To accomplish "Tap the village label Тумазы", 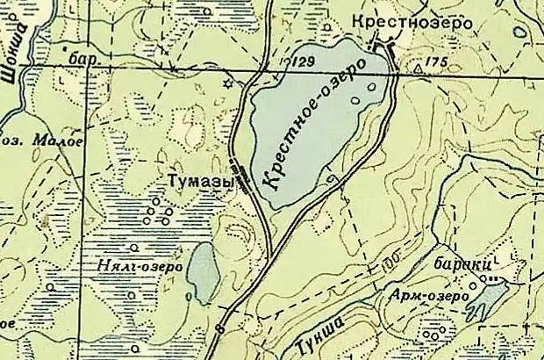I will [x=200, y=179].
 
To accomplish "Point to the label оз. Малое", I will [x=29, y=139].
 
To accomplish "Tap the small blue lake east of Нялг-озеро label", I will [x=203, y=272].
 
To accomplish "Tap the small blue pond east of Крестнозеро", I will [x=521, y=32].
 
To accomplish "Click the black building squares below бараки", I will [x=497, y=279].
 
